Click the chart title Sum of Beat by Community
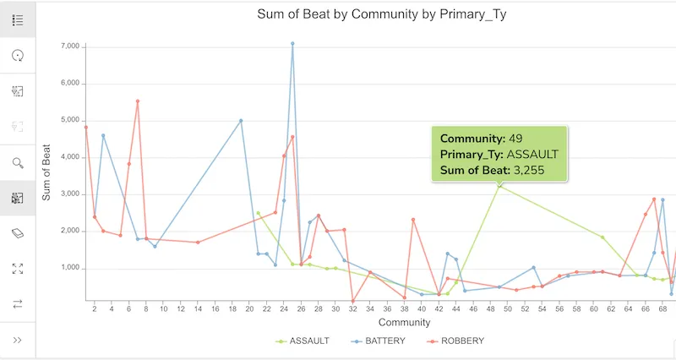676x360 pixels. click(x=381, y=14)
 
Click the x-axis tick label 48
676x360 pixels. click(x=491, y=309)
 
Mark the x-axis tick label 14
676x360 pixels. click(x=198, y=309)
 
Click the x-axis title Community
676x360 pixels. click(x=381, y=323)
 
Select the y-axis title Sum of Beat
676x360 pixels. click(x=47, y=173)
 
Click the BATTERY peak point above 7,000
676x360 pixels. click(x=292, y=43)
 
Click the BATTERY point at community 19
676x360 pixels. click(x=241, y=121)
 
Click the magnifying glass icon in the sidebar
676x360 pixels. click(x=18, y=162)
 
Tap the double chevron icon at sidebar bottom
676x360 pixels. click(x=18, y=340)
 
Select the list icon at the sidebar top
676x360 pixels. click(x=18, y=20)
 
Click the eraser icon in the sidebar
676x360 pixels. click(x=18, y=233)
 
